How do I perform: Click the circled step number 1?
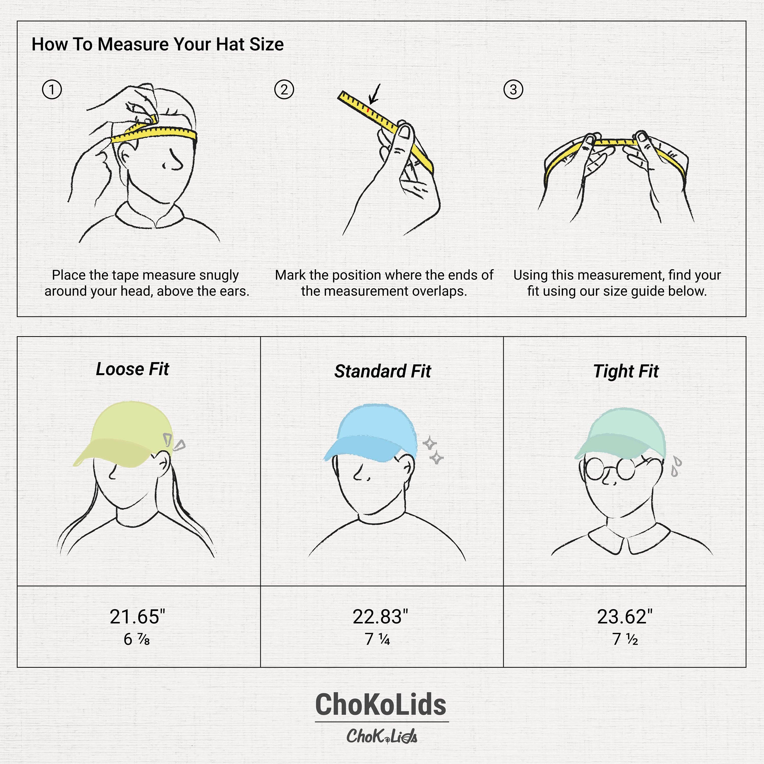pos(52,89)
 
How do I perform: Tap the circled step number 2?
pos(284,89)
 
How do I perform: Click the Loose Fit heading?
pos(132,369)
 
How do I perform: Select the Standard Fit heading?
pos(383,371)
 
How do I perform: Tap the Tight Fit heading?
pos(626,371)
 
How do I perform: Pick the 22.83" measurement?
pos(380,617)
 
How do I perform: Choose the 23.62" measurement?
pos(624,617)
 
